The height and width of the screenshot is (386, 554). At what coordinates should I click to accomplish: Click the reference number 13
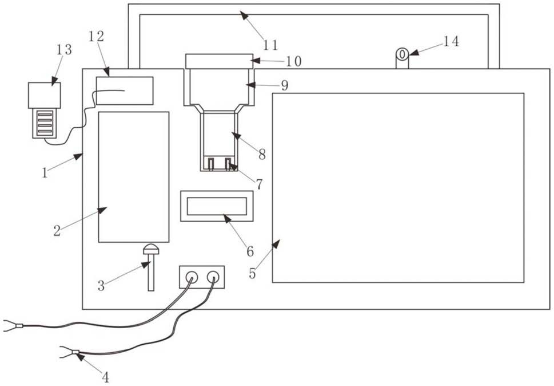coord(64,49)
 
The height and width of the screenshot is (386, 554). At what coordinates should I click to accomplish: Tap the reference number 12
coord(96,36)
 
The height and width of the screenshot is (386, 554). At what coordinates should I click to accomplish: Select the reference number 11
coord(270,45)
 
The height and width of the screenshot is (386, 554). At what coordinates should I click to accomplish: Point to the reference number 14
coord(451,41)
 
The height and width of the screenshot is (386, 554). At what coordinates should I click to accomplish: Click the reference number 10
coord(294,61)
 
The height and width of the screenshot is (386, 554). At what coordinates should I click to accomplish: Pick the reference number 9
coord(284,85)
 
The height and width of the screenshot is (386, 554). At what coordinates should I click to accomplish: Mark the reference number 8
coord(262,154)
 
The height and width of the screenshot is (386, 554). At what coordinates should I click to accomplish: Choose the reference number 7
coord(260,184)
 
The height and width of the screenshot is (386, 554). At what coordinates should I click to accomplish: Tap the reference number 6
coord(250,251)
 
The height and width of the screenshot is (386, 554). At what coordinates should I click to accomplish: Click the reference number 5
coord(252,273)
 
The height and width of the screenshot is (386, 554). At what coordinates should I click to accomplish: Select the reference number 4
coord(106,377)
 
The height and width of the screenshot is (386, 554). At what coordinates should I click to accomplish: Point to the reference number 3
coord(101,286)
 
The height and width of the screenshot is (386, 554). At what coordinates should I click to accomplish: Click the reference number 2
coord(57,231)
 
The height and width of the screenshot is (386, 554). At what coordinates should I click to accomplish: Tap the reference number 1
coord(45,172)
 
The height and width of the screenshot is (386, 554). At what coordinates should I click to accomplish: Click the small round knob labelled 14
coord(402,54)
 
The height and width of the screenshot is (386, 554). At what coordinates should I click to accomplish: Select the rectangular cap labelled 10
coord(219,61)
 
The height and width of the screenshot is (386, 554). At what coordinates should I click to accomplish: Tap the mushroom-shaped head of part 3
coord(151,250)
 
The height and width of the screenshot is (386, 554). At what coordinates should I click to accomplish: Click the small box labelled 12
coord(125,90)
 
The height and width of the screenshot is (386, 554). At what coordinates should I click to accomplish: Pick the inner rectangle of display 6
coord(217,206)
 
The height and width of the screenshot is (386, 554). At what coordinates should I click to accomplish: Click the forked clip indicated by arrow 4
coord(69,352)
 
